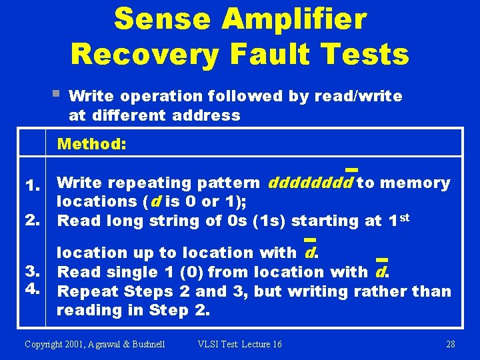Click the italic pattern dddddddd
pos(310,183)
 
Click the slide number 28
pos(450,344)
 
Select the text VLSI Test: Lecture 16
pos(239,344)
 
